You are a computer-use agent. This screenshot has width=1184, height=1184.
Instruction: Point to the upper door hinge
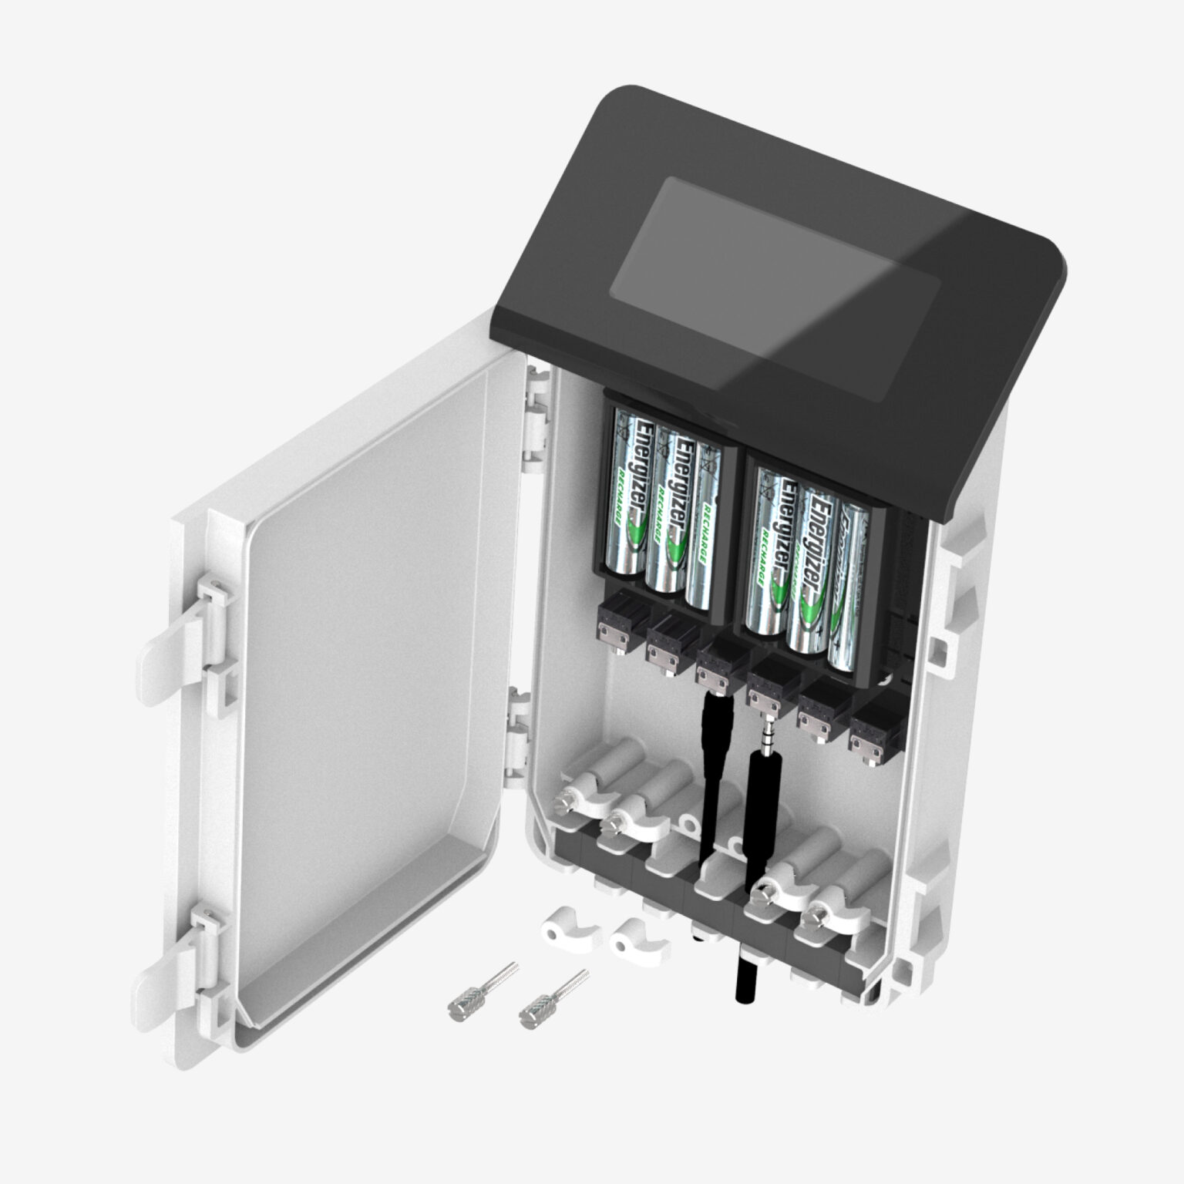(535, 416)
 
